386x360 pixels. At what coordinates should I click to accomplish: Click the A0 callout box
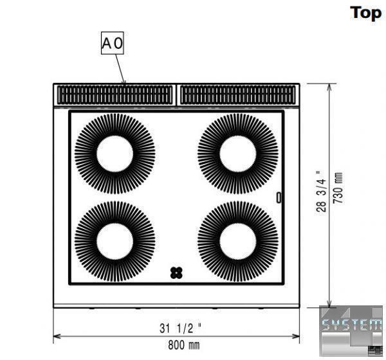[112, 43]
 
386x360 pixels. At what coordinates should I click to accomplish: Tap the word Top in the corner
[366, 13]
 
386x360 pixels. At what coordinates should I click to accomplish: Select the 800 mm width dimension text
[184, 345]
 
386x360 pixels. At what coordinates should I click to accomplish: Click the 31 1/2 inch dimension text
[180, 328]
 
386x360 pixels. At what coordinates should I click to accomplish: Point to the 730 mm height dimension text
[338, 188]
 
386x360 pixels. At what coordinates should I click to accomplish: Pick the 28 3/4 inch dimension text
[321, 191]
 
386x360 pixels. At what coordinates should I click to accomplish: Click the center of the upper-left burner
[115, 154]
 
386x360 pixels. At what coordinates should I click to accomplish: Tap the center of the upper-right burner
[238, 154]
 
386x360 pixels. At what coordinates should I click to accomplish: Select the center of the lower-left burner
[115, 242]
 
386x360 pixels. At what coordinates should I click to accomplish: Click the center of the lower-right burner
[238, 242]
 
